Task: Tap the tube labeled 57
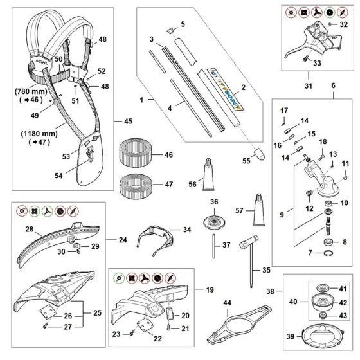[258, 209]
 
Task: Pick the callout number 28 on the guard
[29, 230]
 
